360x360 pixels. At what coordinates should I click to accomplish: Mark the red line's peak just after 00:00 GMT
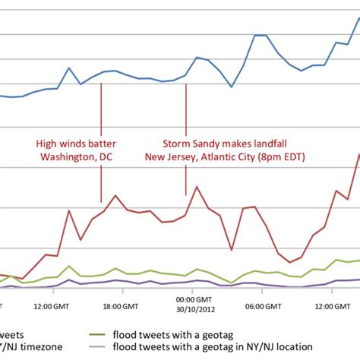(x=197, y=187)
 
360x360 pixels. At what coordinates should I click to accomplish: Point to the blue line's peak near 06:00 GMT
(x=259, y=35)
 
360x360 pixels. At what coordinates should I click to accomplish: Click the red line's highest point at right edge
(x=358, y=153)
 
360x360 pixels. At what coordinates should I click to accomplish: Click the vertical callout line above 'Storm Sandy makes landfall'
(x=186, y=106)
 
